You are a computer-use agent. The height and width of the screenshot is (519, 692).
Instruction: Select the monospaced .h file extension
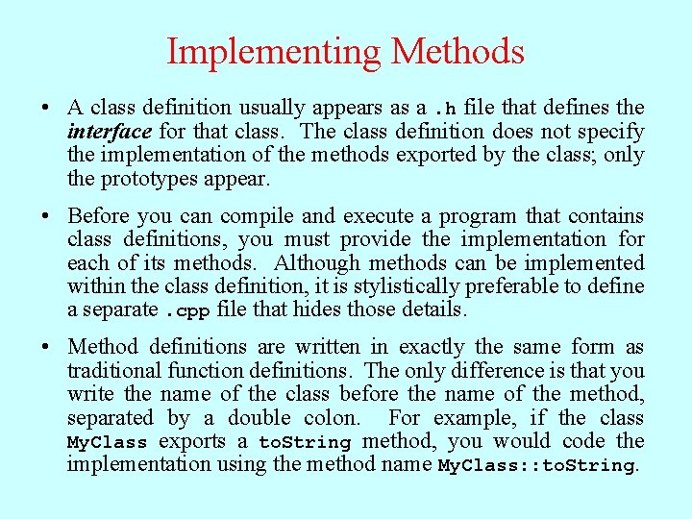pos(445,109)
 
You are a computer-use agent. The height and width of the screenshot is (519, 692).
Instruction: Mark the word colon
pos(332,418)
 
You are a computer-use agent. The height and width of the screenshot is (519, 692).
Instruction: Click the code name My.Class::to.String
pos(535,466)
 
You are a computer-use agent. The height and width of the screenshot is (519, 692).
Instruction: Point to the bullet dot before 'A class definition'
pos(46,109)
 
